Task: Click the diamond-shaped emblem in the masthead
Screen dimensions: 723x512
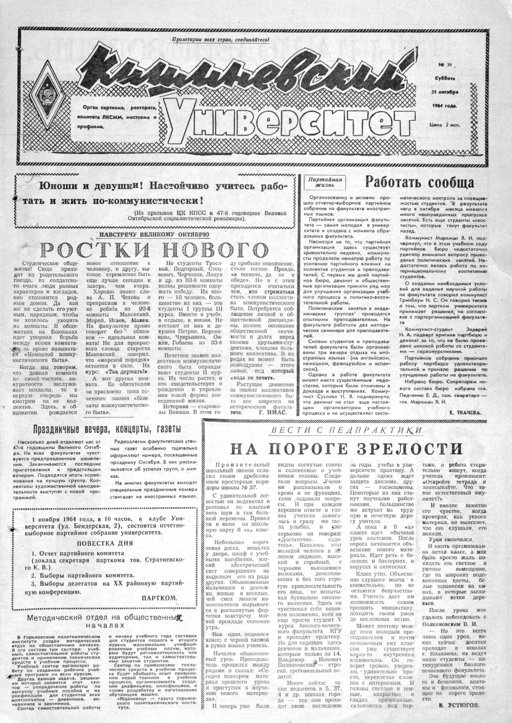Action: (51, 98)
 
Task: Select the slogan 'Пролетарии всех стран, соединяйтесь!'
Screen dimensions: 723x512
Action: (220, 40)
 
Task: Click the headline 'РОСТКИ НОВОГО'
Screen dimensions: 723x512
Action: (155, 250)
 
